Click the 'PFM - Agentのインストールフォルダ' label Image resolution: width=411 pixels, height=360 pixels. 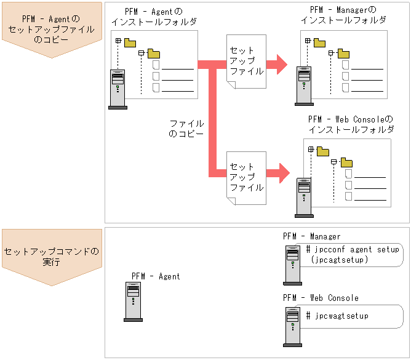tap(154, 17)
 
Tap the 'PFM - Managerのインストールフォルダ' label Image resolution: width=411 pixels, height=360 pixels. tap(343, 15)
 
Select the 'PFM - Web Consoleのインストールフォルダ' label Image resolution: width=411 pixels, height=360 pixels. tap(350, 124)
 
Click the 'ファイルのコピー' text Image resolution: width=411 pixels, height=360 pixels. tap(186, 129)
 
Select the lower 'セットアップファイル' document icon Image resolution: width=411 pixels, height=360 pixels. tap(245, 177)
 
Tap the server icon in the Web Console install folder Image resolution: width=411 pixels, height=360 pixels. tap(303, 196)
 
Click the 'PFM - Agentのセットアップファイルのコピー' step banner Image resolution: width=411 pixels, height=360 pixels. tap(51, 30)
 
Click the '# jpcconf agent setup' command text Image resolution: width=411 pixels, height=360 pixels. tap(353, 250)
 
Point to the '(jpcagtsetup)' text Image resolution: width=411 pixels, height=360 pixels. tap(340, 260)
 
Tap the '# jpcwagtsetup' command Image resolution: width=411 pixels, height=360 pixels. tap(337, 316)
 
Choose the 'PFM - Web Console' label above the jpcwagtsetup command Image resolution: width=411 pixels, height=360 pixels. tap(321, 298)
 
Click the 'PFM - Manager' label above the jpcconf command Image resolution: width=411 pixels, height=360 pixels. tap(311, 236)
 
